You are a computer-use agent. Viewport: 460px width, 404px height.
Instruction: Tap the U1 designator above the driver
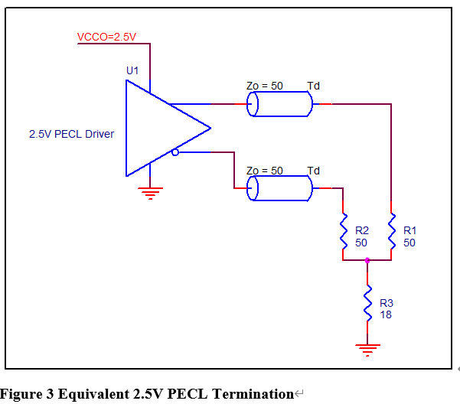tap(132, 70)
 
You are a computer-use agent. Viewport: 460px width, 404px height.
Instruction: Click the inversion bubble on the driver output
tap(175, 152)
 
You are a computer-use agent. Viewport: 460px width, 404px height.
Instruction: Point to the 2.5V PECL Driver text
tap(71, 135)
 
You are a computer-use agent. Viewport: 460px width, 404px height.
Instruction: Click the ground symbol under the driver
tap(150, 192)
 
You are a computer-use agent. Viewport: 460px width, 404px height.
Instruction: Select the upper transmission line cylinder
tap(279, 104)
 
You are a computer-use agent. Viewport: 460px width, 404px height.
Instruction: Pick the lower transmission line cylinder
tap(279, 188)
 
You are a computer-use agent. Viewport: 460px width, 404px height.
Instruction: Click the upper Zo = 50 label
tap(264, 86)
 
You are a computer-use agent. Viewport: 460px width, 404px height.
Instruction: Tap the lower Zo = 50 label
tap(264, 170)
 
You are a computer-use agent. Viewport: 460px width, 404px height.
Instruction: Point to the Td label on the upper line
tap(313, 86)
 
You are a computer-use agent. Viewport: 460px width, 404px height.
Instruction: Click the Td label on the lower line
tap(313, 170)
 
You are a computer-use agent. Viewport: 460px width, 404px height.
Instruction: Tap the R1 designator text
tap(409, 230)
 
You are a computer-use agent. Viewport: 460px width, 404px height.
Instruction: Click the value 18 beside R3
tap(386, 314)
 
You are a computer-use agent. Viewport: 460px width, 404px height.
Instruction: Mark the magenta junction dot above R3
tap(367, 260)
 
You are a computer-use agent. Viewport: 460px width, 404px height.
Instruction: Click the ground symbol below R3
tap(367, 350)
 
